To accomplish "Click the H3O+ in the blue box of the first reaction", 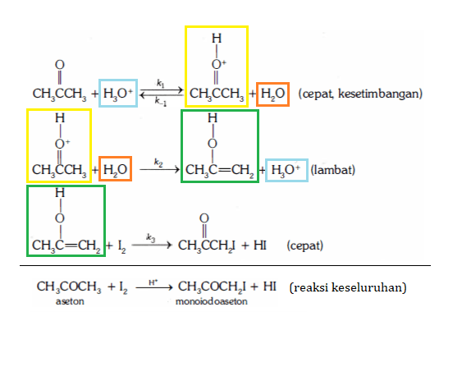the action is [118, 93].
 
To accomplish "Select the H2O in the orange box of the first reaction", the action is [272, 94].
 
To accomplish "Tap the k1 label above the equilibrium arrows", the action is [161, 84].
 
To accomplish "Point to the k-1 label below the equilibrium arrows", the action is [161, 102].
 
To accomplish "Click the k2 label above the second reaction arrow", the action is [158, 163].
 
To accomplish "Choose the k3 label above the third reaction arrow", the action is [150, 237].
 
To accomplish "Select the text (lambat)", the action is [333, 170].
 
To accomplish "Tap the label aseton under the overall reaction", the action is [70, 301].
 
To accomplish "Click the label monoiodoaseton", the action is [212, 301].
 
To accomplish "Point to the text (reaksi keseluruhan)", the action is [348, 287].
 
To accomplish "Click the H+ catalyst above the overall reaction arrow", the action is [153, 282].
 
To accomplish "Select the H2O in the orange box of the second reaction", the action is [115, 170].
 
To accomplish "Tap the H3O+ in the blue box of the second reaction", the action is [286, 170].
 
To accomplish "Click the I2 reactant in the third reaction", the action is [122, 246].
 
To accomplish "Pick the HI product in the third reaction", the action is [260, 245].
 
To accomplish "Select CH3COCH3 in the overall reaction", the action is [69, 287].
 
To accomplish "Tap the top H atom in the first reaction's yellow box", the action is [217, 39].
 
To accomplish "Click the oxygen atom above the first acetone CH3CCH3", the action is [60, 65].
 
